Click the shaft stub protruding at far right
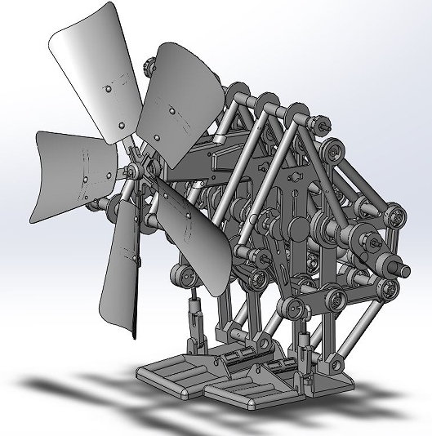404,266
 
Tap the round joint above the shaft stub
396,216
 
